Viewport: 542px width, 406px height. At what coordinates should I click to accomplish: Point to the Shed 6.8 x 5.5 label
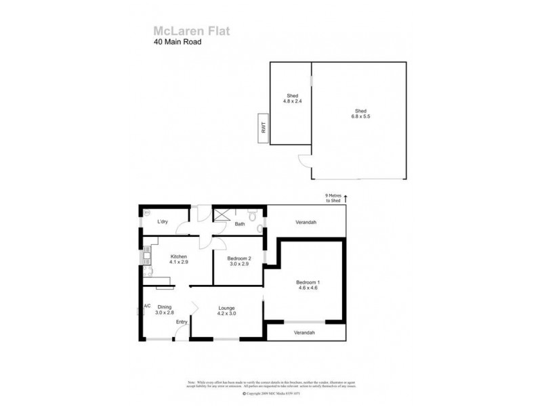pyautogui.click(x=360, y=114)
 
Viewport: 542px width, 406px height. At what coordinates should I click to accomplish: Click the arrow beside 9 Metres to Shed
pyautogui.click(x=346, y=198)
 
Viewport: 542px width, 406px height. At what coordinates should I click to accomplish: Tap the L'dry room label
pyautogui.click(x=163, y=222)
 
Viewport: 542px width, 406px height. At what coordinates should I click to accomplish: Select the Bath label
pyautogui.click(x=240, y=223)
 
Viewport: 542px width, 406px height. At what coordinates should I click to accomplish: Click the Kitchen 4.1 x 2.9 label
pyautogui.click(x=178, y=260)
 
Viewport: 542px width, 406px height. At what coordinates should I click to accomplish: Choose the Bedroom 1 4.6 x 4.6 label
pyautogui.click(x=308, y=285)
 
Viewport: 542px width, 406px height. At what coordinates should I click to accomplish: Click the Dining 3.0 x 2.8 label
pyautogui.click(x=165, y=309)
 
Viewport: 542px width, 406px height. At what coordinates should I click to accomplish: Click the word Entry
pyautogui.click(x=182, y=321)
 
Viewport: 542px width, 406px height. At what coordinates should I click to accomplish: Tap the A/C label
pyautogui.click(x=147, y=305)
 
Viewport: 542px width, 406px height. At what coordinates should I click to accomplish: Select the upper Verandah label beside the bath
pyautogui.click(x=306, y=222)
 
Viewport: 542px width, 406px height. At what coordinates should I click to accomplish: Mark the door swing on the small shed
pyautogui.click(x=303, y=162)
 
